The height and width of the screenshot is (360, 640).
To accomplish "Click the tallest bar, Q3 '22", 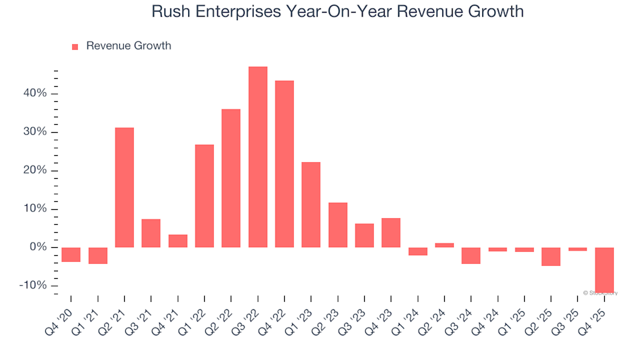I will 257,157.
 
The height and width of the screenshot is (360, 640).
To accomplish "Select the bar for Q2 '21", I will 125,187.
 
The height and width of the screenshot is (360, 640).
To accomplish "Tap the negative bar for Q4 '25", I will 604,270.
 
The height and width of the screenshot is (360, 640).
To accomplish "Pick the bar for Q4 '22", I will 284,164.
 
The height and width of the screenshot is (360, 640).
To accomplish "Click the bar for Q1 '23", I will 311,205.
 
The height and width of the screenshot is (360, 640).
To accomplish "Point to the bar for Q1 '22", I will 204,196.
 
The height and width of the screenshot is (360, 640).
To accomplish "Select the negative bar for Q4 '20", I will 71,255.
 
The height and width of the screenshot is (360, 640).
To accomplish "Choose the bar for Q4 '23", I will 391,233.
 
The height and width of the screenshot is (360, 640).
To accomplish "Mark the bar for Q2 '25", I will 551,257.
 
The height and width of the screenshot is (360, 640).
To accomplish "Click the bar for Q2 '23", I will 337,225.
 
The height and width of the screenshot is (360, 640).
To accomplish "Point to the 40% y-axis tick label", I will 33,93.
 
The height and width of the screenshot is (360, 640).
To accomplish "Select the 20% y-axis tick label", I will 33,171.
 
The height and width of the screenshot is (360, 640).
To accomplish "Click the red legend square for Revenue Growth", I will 75,47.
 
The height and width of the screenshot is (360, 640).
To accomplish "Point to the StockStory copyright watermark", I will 600,293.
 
